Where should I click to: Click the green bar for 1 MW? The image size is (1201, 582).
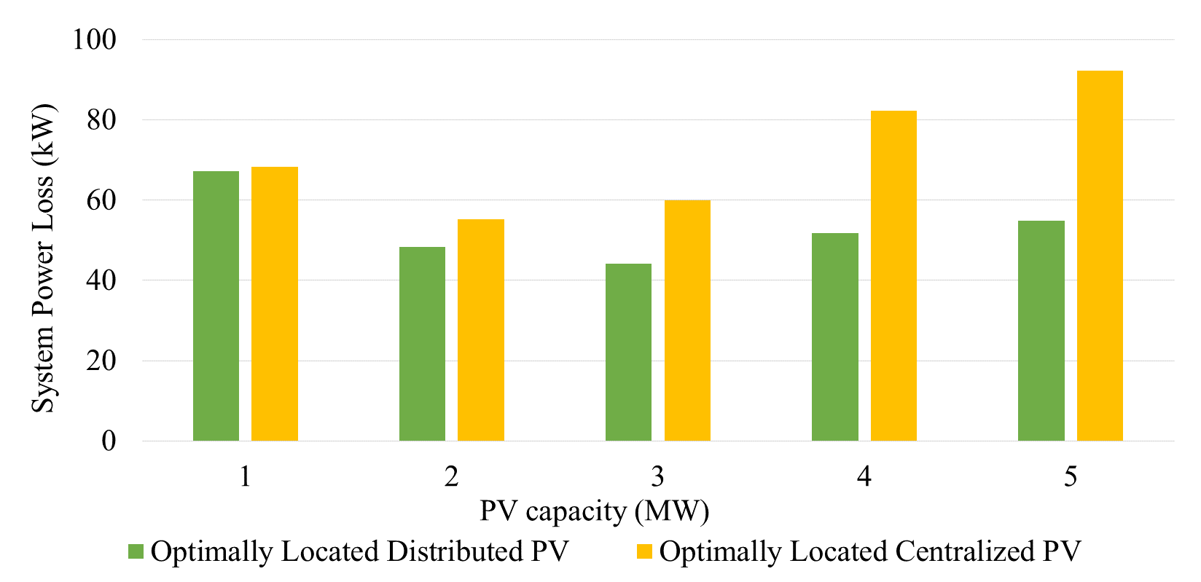(x=216, y=306)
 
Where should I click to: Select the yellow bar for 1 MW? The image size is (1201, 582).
(x=275, y=304)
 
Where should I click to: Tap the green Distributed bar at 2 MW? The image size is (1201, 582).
(x=422, y=344)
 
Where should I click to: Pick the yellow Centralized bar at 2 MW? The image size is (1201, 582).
(x=481, y=330)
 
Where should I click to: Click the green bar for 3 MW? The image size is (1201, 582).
(x=628, y=352)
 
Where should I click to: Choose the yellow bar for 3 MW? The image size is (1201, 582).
(x=687, y=321)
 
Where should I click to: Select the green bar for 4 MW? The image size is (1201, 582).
(x=834, y=337)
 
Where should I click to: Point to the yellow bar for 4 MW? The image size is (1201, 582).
(x=893, y=276)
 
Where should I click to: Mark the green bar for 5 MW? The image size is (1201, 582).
(x=1041, y=331)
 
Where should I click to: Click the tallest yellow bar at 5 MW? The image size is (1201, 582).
(x=1100, y=256)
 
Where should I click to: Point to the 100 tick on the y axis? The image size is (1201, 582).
(x=94, y=39)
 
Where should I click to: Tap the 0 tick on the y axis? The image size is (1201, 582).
(x=109, y=441)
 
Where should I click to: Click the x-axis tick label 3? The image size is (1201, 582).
(x=657, y=476)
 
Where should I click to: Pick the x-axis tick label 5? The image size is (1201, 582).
(x=1070, y=476)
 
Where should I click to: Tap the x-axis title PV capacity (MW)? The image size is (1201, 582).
(x=594, y=511)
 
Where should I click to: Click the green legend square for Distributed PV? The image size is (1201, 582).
(x=136, y=551)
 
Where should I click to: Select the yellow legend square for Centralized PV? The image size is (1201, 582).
(x=644, y=551)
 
